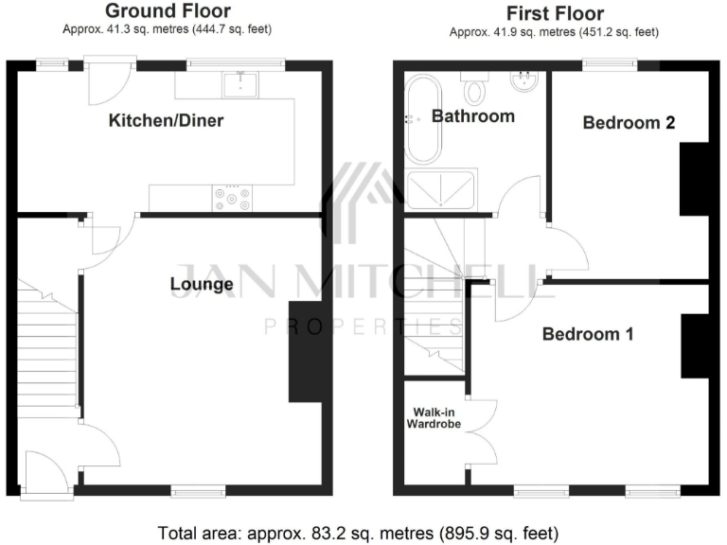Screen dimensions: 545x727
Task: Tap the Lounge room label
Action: (201, 284)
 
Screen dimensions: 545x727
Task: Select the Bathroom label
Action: (472, 116)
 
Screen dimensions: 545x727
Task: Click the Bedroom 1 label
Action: (587, 334)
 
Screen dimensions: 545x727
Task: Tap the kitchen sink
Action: (240, 85)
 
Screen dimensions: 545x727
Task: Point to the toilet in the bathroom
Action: (474, 90)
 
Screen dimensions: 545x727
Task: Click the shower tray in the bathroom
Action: (442, 189)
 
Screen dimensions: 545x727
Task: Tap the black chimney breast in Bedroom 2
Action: (694, 179)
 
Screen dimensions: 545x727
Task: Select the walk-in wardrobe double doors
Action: (481, 431)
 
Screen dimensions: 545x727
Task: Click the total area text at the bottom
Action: (363, 531)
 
